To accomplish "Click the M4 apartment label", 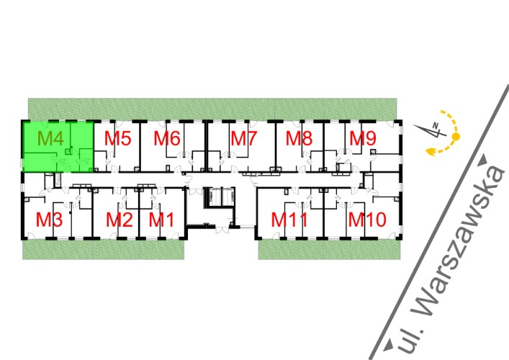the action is [50, 138].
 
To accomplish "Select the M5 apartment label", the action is [117, 138].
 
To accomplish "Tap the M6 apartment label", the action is [167, 138].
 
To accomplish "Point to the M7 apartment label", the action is [244, 138].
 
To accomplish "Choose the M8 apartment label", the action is [299, 138].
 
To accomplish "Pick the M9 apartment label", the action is [363, 138].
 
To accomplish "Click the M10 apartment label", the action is [367, 220].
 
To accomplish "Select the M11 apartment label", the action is [289, 220].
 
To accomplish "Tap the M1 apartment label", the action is [161, 220].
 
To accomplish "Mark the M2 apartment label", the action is [120, 220].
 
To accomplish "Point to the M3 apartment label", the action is [49, 220].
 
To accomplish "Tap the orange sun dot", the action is [456, 137].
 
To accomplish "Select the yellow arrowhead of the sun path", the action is [431, 151].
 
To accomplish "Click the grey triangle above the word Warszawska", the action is [484, 160].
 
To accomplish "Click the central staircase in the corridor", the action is [219, 197].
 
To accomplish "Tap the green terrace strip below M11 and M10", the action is [329, 250].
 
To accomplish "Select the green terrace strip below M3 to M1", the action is [103, 250].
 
